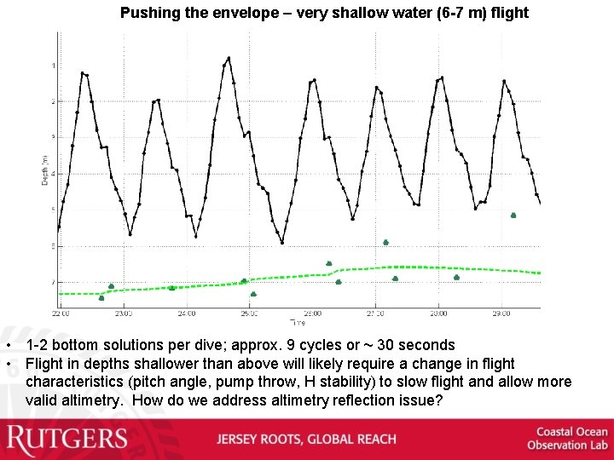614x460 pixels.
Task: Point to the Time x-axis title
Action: click(x=298, y=323)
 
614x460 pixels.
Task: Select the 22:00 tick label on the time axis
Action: click(x=61, y=313)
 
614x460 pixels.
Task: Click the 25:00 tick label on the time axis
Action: click(x=249, y=313)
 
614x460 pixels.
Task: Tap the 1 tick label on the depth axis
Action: click(x=54, y=66)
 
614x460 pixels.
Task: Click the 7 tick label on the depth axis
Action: click(x=54, y=282)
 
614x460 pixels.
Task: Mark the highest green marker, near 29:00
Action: click(x=513, y=216)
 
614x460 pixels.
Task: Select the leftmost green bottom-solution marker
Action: click(x=101, y=297)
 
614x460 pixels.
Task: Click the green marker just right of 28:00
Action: click(x=456, y=277)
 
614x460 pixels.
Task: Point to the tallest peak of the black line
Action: click(x=228, y=58)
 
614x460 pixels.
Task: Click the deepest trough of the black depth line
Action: click(x=283, y=243)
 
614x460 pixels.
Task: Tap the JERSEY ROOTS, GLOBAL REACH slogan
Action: click(x=306, y=440)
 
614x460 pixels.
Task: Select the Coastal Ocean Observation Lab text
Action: click(x=566, y=438)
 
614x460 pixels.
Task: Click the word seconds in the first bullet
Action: click(x=427, y=346)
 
